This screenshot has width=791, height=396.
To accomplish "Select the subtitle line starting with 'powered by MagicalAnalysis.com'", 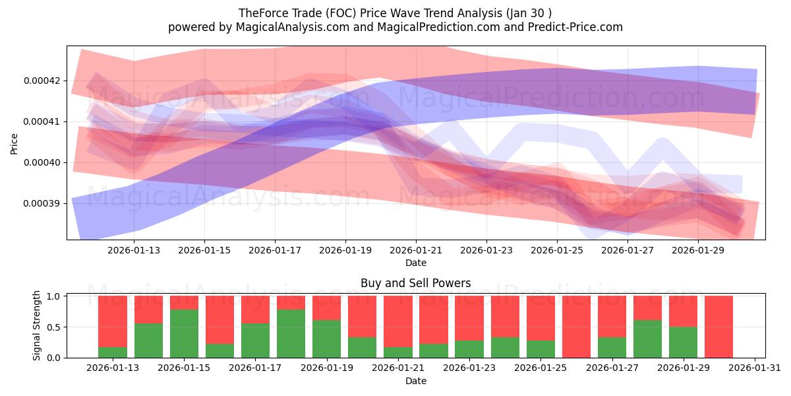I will pyautogui.click(x=395, y=27).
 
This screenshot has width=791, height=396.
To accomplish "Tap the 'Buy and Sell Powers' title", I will pyautogui.click(x=415, y=283).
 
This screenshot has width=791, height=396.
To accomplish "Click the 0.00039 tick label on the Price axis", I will pyautogui.click(x=41, y=203).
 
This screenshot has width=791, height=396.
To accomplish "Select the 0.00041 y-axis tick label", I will pyautogui.click(x=41, y=121).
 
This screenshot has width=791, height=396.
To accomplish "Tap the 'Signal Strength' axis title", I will pyautogui.click(x=37, y=325).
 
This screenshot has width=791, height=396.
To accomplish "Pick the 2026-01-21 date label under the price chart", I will pyautogui.click(x=415, y=250).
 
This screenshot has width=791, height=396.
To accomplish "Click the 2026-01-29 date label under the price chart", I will pyautogui.click(x=698, y=250).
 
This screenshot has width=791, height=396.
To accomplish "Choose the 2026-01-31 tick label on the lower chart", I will pyautogui.click(x=753, y=368).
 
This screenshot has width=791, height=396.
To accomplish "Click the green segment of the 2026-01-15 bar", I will pyautogui.click(x=184, y=333).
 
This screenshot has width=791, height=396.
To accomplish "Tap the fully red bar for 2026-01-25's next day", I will pyautogui.click(x=576, y=327).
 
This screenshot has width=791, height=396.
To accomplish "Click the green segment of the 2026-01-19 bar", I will pyautogui.click(x=326, y=339).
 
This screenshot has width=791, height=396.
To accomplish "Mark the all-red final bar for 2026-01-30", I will pyautogui.click(x=718, y=327).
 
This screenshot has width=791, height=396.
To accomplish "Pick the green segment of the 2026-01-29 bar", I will pyautogui.click(x=683, y=342).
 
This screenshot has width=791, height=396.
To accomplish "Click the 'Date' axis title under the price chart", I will pyautogui.click(x=415, y=263).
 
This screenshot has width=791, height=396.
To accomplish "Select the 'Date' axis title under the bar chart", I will pyautogui.click(x=415, y=381).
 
